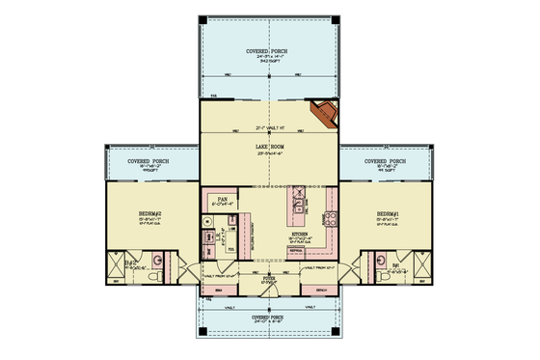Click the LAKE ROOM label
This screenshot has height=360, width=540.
click(269, 146)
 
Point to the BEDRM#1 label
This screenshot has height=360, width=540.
click(388, 212)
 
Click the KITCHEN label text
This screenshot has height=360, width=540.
click(300, 233)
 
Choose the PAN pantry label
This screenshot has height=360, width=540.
click(221, 200)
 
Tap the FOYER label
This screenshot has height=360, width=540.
click(269, 276)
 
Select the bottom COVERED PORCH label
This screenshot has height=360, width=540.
click(269, 316)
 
